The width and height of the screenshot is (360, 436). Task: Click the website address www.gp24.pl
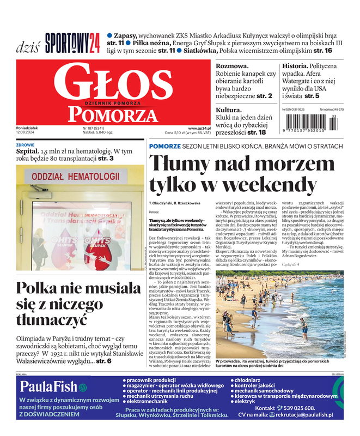tap(199, 128)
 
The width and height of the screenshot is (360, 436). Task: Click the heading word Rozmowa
tap(233, 66)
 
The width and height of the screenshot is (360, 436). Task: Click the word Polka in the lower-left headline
tap(39, 288)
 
